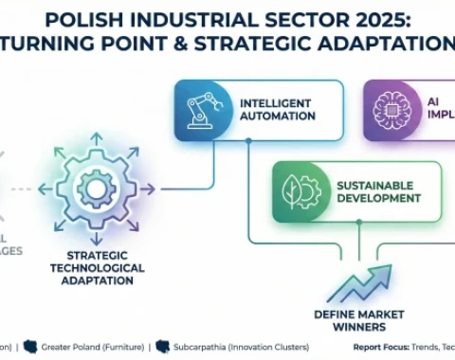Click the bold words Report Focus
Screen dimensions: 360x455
pyautogui.click(x=383, y=347)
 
